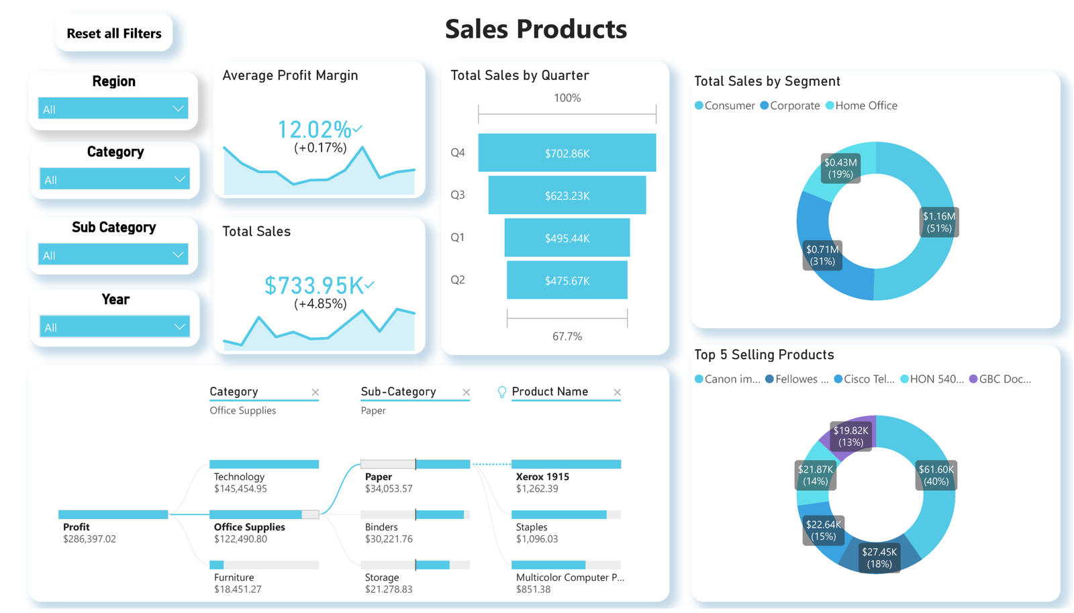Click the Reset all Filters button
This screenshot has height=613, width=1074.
[113, 33]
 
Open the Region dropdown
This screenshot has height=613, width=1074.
[112, 109]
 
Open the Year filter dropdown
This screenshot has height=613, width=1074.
[114, 327]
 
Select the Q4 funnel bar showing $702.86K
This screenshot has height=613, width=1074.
[567, 153]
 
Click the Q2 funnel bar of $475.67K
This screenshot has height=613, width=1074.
[567, 281]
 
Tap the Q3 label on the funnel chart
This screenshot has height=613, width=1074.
[457, 195]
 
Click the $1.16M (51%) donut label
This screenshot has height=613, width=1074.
[938, 222]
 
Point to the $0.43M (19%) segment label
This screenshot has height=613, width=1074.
[840, 168]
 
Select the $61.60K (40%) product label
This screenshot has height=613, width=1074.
[936, 475]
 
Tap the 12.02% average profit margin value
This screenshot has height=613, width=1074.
[315, 129]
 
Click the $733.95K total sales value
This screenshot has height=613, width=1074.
[314, 285]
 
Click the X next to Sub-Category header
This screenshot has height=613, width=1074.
[466, 392]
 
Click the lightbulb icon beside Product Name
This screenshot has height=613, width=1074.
[501, 392]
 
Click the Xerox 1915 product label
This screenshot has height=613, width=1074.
[542, 477]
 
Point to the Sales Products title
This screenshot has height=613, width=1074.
[536, 29]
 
